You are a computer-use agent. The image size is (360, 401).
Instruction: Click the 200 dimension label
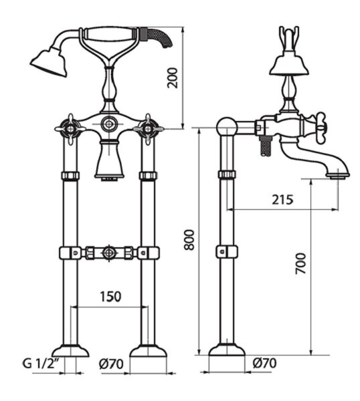tap(172, 78)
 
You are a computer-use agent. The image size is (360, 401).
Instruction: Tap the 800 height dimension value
tap(189, 240)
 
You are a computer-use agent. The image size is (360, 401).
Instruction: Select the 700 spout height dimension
tap(300, 263)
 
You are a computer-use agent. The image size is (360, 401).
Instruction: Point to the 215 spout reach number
tap(282, 200)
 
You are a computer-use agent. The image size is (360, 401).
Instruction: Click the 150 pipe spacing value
tap(110, 297)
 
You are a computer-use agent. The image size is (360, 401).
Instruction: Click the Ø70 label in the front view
tap(111, 364)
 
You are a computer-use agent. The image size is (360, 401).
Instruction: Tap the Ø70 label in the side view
tap(264, 363)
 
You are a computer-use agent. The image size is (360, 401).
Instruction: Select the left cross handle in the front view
tap(70, 129)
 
